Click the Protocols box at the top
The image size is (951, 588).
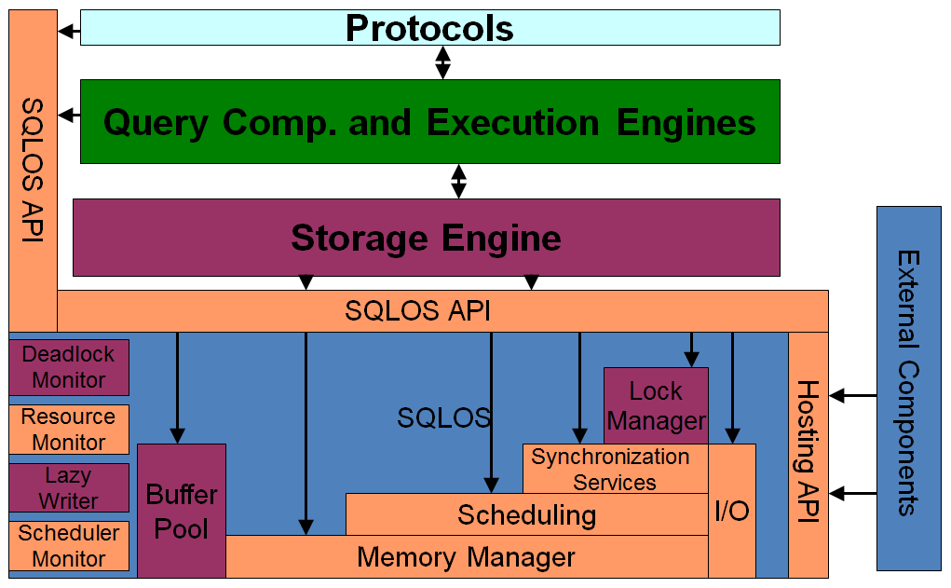(429, 28)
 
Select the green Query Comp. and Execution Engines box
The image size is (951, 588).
(429, 122)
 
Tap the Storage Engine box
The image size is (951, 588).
(426, 238)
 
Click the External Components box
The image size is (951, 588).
(908, 388)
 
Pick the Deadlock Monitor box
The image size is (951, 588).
(69, 367)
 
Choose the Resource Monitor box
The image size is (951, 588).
(69, 430)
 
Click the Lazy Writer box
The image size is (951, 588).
(69, 488)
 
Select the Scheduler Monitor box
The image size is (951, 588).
(69, 546)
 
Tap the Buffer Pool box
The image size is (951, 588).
(182, 511)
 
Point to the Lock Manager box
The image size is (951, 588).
(656, 405)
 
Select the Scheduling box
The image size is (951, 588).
(526, 514)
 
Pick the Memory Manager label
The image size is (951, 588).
(466, 558)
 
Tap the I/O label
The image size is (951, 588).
(732, 511)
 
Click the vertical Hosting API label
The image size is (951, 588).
(808, 452)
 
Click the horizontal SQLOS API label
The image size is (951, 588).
(417, 311)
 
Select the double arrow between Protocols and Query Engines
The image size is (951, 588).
(443, 62)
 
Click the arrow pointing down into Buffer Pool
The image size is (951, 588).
(177, 388)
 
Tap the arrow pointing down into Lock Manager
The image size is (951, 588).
(691, 349)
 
